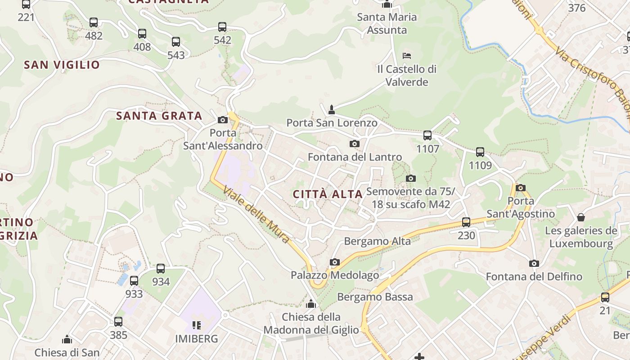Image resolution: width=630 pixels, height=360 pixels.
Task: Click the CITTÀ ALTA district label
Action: [x=328, y=194]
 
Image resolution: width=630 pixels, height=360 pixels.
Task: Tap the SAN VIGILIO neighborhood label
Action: [x=62, y=65]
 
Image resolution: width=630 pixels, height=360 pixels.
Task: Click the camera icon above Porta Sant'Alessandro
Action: [x=222, y=120]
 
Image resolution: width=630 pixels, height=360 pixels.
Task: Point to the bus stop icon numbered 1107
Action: [x=427, y=135]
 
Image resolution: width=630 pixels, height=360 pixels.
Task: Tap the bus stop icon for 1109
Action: [x=480, y=152]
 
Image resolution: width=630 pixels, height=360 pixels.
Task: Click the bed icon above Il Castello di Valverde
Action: [x=406, y=56]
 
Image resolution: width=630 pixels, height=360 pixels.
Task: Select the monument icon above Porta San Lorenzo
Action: [x=332, y=109]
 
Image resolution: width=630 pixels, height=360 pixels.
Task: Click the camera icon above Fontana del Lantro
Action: [x=355, y=144]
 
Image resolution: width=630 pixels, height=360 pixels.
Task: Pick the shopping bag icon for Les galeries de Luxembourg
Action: [x=581, y=217]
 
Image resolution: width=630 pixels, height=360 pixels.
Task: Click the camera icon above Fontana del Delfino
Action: [x=534, y=263]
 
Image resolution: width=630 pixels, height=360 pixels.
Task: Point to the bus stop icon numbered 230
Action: [x=466, y=222]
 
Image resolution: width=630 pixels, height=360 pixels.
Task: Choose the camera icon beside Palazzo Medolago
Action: [x=334, y=262]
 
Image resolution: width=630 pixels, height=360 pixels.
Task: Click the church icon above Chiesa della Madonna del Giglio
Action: [x=311, y=304]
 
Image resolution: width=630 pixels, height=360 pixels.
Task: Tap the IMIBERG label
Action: [x=196, y=338]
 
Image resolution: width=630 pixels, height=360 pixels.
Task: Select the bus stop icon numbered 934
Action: [x=161, y=269]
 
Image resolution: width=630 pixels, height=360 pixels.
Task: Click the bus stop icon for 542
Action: [x=222, y=27]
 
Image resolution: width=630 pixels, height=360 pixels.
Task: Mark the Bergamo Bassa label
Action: [x=375, y=297]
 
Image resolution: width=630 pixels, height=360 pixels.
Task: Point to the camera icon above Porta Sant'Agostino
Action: [x=521, y=188]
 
